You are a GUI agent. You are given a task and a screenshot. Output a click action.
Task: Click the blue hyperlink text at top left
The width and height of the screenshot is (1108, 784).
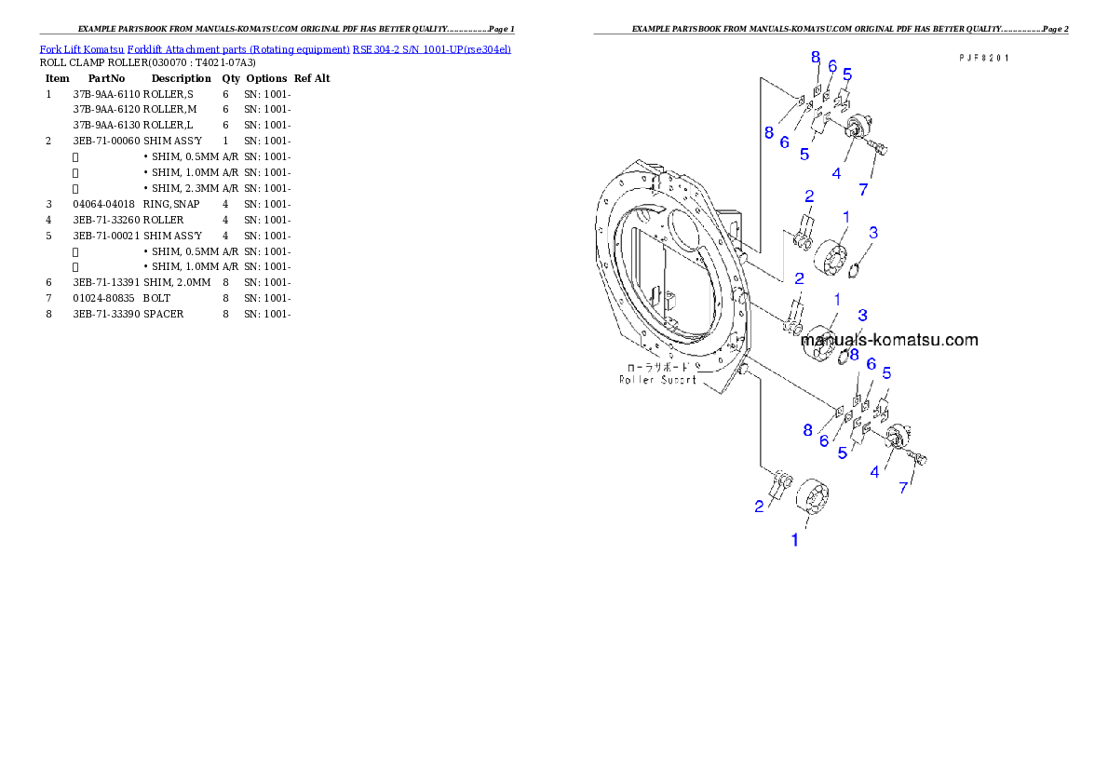click(275, 48)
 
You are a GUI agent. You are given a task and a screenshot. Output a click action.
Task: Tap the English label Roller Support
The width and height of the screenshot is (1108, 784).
click(657, 379)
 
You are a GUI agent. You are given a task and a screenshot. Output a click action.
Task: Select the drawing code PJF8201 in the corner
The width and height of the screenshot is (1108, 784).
click(984, 57)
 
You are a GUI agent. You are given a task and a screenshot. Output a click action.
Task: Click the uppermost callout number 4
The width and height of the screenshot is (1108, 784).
click(836, 173)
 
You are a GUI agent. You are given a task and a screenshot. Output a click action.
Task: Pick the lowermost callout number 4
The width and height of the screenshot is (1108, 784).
click(874, 472)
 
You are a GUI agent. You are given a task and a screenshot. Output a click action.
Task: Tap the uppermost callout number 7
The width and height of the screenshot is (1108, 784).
click(863, 189)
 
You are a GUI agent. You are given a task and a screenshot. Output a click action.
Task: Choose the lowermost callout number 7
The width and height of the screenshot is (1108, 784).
click(903, 487)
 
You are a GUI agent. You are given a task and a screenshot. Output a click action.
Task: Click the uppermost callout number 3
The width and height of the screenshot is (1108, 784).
click(872, 232)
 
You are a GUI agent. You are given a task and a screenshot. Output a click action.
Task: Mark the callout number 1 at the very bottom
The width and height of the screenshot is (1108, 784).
click(794, 539)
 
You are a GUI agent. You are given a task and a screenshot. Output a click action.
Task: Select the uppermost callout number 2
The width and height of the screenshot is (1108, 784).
click(809, 196)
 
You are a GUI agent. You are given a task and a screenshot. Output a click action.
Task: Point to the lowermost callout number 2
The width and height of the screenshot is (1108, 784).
click(759, 506)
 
